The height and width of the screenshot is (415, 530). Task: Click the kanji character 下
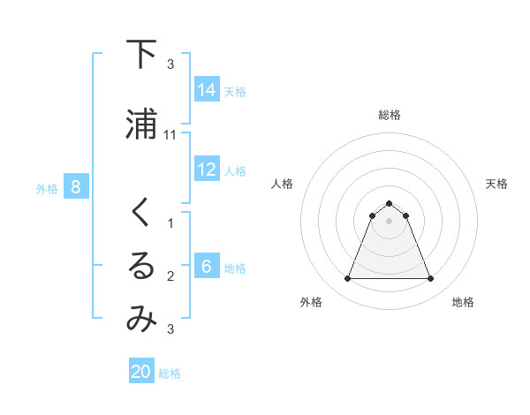pos(141,55)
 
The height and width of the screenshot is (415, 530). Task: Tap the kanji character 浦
pos(141,124)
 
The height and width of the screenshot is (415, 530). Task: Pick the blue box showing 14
pos(207,90)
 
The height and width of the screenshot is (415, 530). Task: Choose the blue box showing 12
pos(207,170)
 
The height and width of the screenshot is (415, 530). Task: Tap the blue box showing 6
pos(207,267)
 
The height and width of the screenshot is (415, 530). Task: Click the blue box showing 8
pos(76,187)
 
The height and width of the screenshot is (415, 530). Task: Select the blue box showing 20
pos(141,372)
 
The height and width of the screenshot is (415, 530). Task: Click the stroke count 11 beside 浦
pos(170,134)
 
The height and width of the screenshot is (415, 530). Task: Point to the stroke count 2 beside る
pos(170,276)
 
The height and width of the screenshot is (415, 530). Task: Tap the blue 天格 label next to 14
pos(235,91)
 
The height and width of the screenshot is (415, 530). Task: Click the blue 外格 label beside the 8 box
pos(47,188)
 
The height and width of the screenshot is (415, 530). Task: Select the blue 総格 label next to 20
pos(170,373)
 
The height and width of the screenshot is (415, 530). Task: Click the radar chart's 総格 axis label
pos(390,115)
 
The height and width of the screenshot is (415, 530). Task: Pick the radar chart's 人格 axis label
pos(282,184)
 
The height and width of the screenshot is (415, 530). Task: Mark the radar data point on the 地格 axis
pos(431,279)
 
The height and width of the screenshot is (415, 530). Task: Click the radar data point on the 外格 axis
pos(347,279)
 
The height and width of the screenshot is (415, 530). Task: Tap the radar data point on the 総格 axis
pos(390,203)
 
